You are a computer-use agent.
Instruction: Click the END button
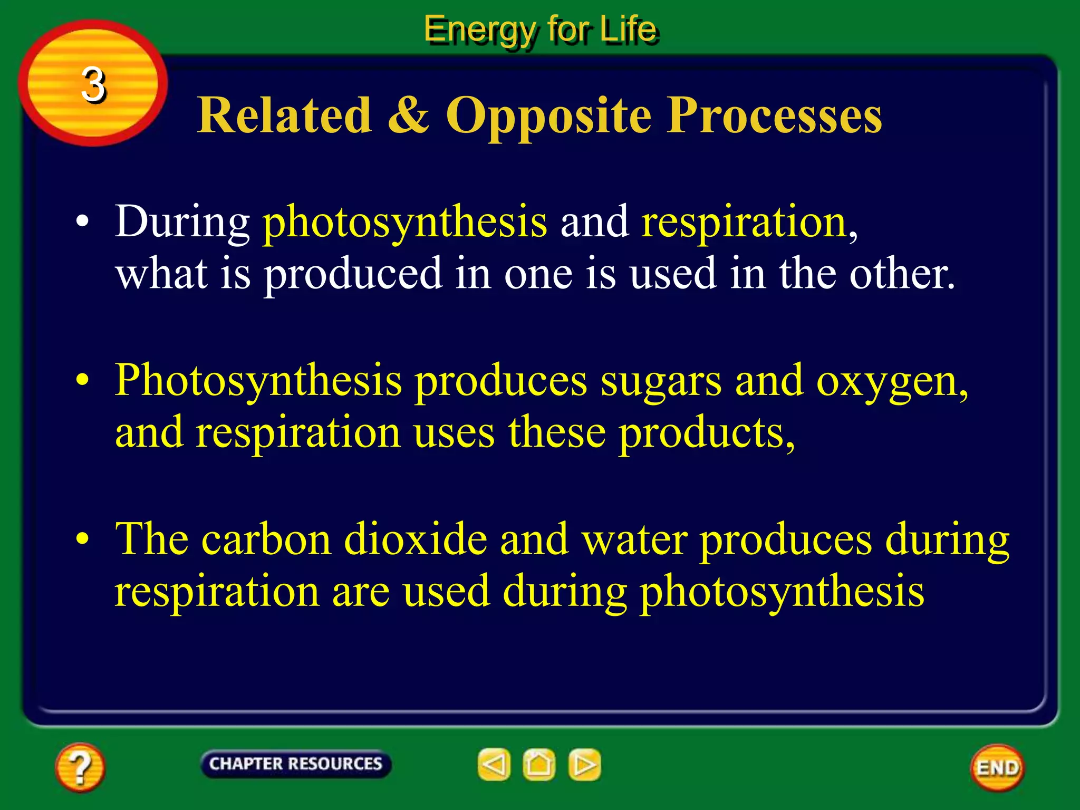(997, 767)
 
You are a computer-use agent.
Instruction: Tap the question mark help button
(80, 767)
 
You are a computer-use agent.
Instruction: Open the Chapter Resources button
(295, 764)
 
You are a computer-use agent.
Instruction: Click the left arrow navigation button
(494, 764)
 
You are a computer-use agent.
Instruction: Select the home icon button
(539, 764)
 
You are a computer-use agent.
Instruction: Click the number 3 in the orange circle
(94, 84)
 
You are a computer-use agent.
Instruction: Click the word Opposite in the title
(549, 116)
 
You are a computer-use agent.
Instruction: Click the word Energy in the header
(479, 30)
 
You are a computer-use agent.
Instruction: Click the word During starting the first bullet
(182, 221)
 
